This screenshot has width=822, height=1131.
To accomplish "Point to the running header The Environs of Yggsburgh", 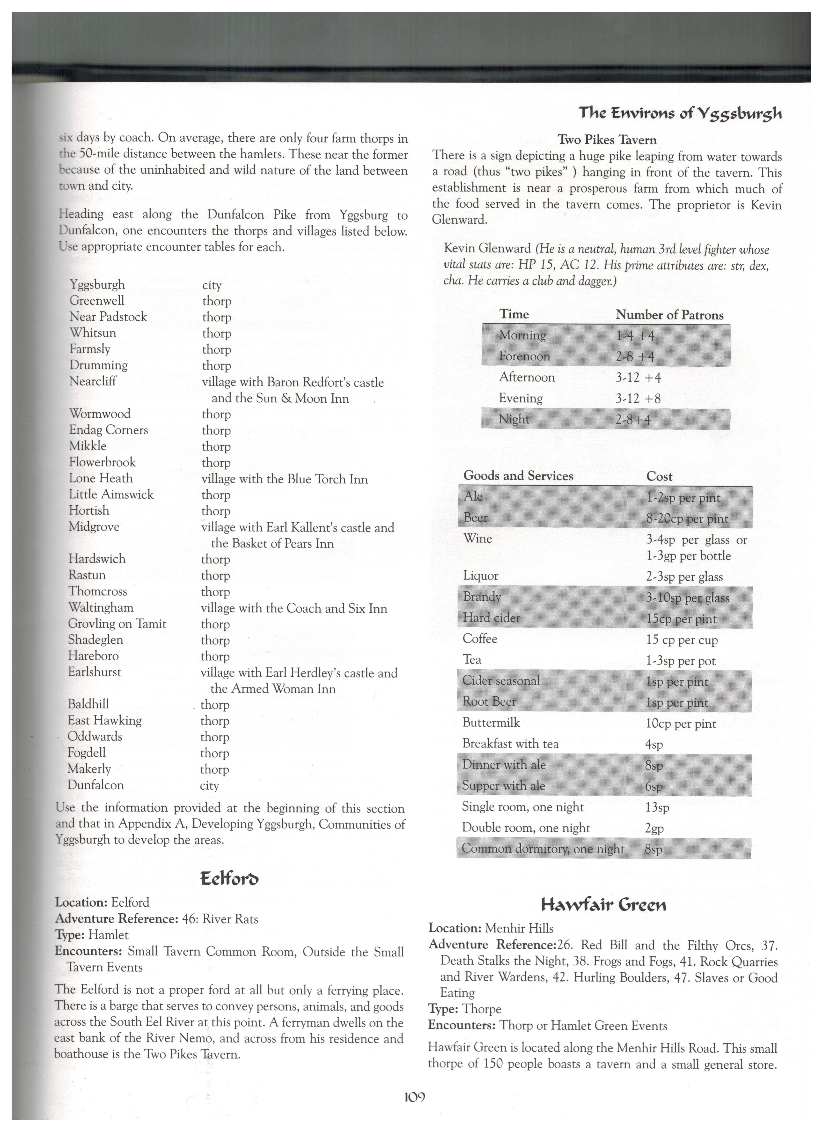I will [680, 114].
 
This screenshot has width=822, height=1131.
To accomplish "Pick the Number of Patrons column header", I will [669, 315].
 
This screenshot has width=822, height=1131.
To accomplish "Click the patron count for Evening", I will [638, 399].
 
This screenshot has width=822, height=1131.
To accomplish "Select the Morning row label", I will [522, 335].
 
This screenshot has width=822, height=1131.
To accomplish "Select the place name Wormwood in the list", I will [100, 414].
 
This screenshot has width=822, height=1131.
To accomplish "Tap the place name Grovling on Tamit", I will [117, 624].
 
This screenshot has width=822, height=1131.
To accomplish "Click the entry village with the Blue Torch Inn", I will [284, 479].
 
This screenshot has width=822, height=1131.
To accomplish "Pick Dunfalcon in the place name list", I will [96, 785].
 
